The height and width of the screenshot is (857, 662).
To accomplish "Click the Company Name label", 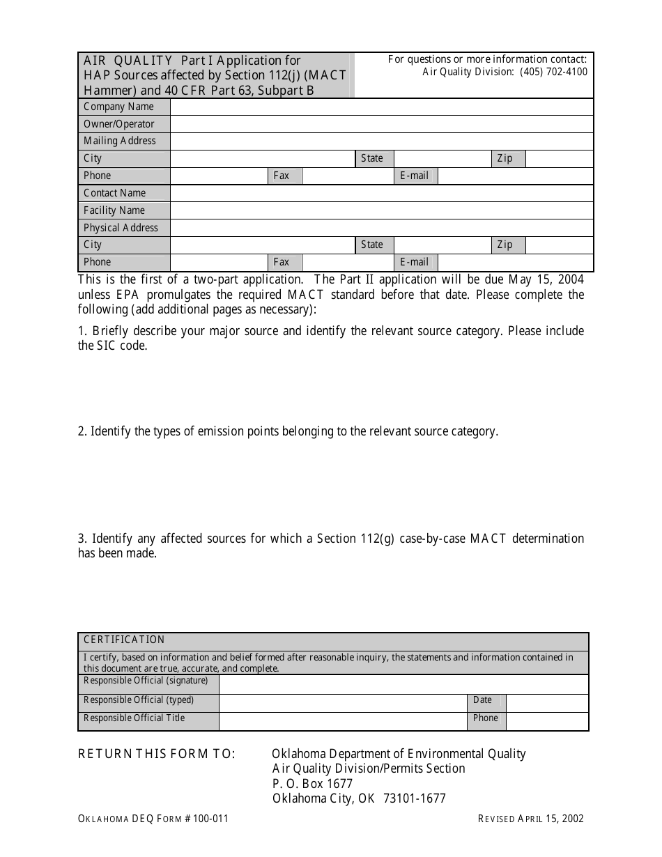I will point(118,107).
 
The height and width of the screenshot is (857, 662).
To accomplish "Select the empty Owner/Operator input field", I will point(382,124).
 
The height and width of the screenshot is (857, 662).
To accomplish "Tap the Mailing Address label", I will point(120,141).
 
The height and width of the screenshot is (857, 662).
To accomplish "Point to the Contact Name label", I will point(115,193).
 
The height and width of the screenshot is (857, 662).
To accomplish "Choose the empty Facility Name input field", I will point(382,210).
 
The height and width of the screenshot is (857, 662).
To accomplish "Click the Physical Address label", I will point(121,228).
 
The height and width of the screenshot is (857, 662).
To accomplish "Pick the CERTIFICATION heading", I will point(124,640).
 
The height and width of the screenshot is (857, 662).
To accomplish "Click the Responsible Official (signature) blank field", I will point(403,684).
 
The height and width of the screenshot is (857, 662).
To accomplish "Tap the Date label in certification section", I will point(482,700).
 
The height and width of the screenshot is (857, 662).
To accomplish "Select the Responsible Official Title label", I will point(134,718).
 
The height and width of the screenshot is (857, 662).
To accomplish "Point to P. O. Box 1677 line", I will point(313,784).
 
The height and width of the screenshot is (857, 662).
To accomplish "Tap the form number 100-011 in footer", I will point(209,819).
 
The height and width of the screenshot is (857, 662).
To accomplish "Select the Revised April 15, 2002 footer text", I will point(531,819).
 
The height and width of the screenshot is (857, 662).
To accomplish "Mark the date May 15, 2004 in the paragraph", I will point(546,279).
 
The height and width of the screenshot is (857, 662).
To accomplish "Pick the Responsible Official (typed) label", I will point(139,700).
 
